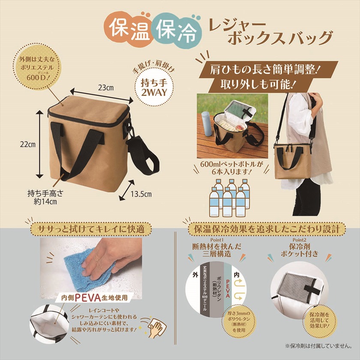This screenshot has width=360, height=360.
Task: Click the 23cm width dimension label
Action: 106,88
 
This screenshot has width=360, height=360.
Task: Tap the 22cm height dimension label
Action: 28,144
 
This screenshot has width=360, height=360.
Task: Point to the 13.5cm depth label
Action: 141,194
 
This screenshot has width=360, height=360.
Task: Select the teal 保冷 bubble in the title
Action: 177,30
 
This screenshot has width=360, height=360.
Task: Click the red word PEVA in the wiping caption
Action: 88,298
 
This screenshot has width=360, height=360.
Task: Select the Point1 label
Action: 216,240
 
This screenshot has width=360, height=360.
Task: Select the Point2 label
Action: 299,240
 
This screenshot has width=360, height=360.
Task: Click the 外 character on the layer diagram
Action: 195,275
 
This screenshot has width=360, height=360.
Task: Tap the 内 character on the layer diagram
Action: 237,275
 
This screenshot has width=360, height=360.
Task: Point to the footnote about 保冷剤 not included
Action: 318,345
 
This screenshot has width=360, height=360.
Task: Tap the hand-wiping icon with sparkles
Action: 154,327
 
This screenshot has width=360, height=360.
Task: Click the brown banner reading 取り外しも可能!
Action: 257,85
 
